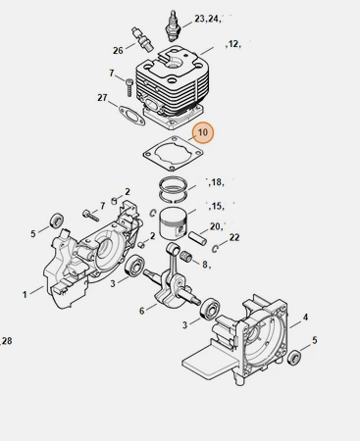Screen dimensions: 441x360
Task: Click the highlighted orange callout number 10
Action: pos(202,131)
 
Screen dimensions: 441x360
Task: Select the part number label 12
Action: pos(233,44)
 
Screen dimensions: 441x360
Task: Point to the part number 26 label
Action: pos(118,50)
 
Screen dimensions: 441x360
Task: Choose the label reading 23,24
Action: pos(208,19)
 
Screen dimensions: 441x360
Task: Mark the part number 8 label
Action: pos(205,264)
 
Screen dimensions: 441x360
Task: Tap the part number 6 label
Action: pos(141,311)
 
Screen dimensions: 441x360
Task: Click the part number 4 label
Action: pos(305,317)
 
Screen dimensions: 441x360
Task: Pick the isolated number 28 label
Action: pos(7,341)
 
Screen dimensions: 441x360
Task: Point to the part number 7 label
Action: pos(112,73)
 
